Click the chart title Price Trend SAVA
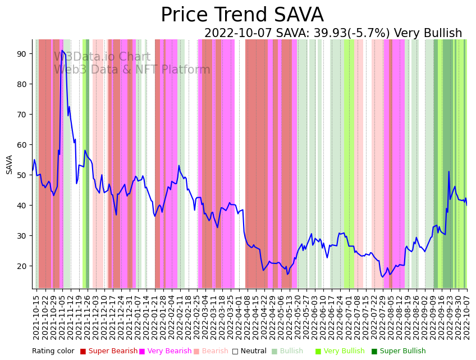point(242,15)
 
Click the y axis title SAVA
point(10,164)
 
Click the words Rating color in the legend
point(53,351)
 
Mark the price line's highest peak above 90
point(62,51)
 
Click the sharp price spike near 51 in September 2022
point(448,172)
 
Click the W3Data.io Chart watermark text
point(102,57)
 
